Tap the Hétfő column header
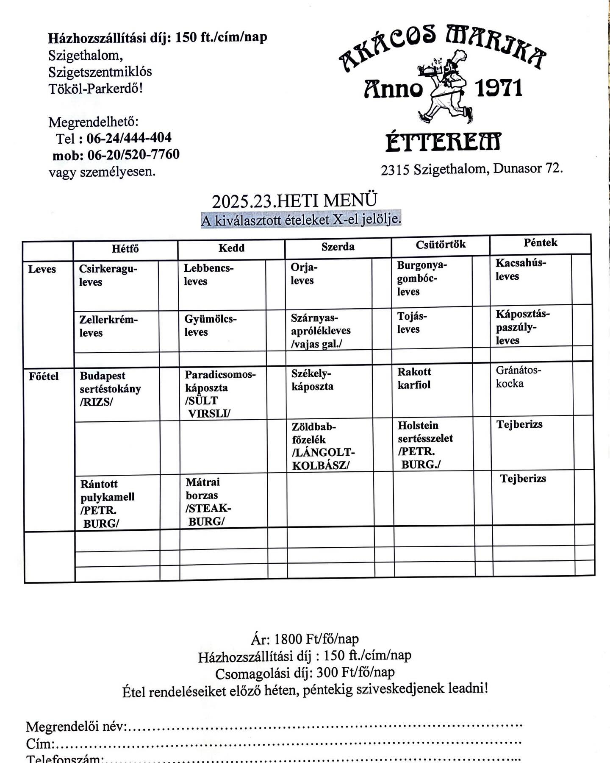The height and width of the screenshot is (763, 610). tap(125, 249)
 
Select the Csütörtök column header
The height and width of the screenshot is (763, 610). tap(441, 244)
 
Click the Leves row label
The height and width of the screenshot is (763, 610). tap(42, 269)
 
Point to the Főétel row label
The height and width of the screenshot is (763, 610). tap(44, 376)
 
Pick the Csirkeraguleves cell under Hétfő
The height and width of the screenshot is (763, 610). tap(108, 276)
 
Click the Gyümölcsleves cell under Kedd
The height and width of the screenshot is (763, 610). tap(211, 326)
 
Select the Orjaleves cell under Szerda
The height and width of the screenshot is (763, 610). tap(304, 274)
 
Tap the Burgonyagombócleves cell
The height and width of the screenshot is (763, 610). tap(421, 278)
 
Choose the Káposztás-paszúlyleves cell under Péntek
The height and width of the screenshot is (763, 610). tap(523, 327)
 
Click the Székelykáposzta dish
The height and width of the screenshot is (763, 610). tap(313, 380)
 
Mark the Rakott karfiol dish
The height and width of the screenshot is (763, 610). tap(414, 378)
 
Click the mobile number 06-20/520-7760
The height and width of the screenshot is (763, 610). tap(133, 155)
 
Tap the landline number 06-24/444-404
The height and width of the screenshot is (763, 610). tap(129, 138)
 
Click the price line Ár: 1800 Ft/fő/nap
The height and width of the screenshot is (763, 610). tap(305, 639)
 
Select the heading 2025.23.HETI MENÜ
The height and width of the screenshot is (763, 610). tap(294, 201)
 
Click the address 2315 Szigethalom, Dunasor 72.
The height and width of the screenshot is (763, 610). tap(472, 169)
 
